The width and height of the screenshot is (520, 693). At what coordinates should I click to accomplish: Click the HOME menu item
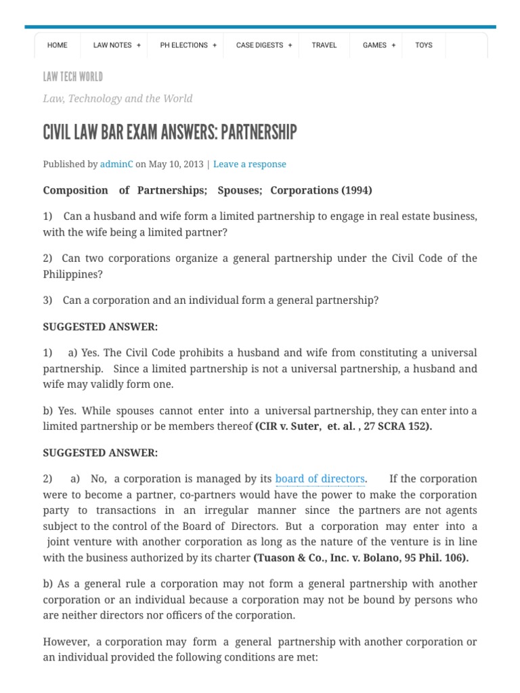58,45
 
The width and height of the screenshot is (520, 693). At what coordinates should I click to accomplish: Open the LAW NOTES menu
116,45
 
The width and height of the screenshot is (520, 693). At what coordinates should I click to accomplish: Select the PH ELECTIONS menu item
188,45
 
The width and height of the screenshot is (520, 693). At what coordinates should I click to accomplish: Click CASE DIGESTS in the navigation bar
263,45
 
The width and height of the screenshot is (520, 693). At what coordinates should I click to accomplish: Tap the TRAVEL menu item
324,45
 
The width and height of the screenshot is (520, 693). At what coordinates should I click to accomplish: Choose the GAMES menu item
378,45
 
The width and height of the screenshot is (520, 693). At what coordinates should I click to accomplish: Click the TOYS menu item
424,45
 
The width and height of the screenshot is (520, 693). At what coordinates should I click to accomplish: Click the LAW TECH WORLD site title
73,76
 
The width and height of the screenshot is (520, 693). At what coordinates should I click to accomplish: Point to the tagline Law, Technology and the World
118,99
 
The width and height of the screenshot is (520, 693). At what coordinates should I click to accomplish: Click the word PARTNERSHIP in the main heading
259,132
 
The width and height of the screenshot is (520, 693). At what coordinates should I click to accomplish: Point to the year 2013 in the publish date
194,164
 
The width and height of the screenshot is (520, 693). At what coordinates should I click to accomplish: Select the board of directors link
320,479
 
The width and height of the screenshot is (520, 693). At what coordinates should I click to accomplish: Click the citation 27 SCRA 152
398,426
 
